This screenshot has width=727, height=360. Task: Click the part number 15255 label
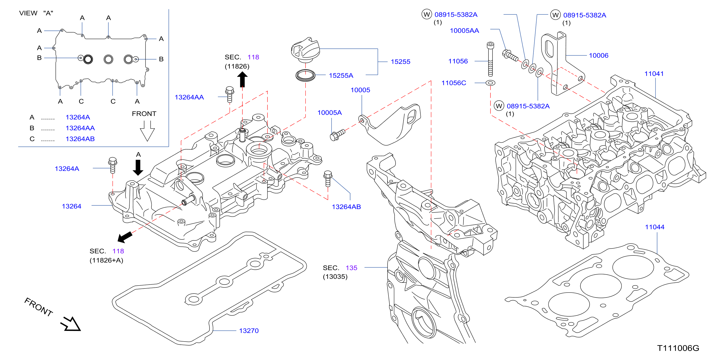400,62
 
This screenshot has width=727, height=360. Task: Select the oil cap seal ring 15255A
305,75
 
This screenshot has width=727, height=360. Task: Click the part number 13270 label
249,331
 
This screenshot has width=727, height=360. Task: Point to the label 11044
654,227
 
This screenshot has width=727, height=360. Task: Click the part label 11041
654,74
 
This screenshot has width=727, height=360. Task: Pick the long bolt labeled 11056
490,59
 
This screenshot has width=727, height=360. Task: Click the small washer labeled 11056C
490,83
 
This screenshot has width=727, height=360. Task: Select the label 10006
599,56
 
